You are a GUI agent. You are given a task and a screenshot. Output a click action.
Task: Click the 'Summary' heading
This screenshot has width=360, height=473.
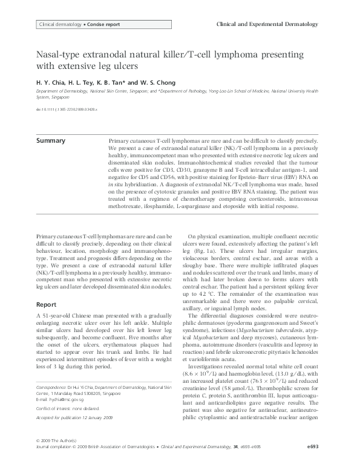click(x=51, y=140)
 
